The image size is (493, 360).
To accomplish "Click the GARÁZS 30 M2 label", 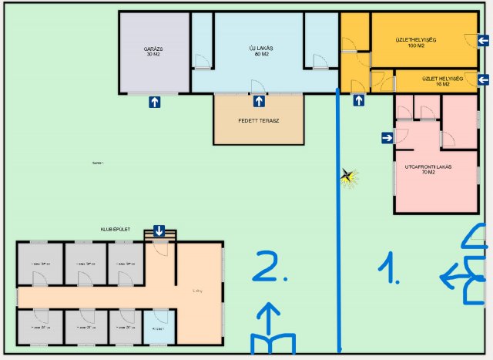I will pyautogui.click(x=153, y=51).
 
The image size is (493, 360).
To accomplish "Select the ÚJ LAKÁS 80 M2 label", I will pyautogui.click(x=260, y=51).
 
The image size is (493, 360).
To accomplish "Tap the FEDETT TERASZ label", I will pyautogui.click(x=258, y=121).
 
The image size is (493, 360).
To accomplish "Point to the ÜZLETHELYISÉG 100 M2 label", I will pyautogui.click(x=416, y=44).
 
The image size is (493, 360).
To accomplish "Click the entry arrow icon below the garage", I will pyautogui.click(x=155, y=101).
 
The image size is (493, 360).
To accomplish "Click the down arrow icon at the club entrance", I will pyautogui.click(x=159, y=230).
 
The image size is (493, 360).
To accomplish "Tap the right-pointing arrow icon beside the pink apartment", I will pyautogui.click(x=387, y=138).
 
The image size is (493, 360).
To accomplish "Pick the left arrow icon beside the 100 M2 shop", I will pyautogui.click(x=483, y=41).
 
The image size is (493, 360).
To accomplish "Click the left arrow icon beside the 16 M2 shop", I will pyautogui.click(x=483, y=79).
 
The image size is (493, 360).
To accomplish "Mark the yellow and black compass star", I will pyautogui.click(x=349, y=177).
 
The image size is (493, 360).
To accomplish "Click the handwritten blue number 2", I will pyautogui.click(x=271, y=266).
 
